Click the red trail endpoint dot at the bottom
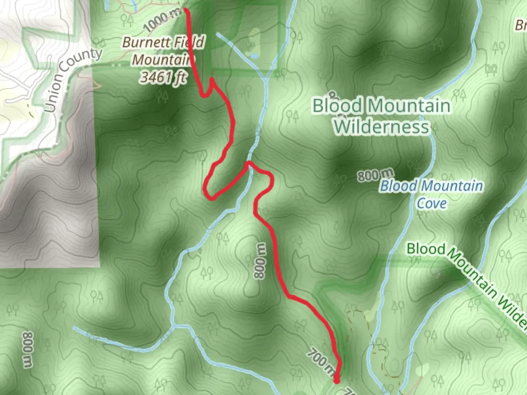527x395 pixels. tap(336, 381)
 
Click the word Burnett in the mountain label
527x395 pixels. tap(146, 42)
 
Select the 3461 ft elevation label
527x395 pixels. tap(164, 77)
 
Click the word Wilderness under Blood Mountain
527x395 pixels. tap(381, 127)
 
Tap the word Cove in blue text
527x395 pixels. tap(432, 203)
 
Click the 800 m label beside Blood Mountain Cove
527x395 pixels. tap(375, 175)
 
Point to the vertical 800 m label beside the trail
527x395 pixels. tap(260, 261)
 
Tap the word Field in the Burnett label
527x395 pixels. tap(189, 42)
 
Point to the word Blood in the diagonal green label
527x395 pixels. tap(426, 249)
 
